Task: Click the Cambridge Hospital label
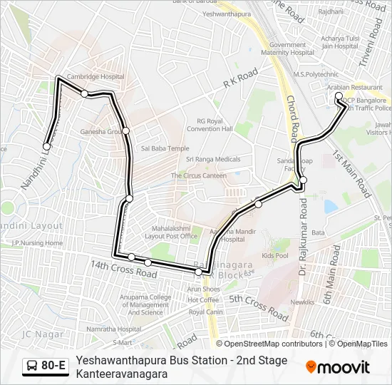(x=90, y=76)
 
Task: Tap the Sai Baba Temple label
(x=165, y=148)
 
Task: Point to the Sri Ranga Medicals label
(x=213, y=159)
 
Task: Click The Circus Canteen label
(x=198, y=175)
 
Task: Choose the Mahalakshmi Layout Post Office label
(x=171, y=232)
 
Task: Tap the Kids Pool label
(x=275, y=255)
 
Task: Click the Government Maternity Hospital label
(x=287, y=48)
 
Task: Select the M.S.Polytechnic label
(x=316, y=73)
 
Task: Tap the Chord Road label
(x=292, y=118)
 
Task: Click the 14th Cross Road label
(x=123, y=269)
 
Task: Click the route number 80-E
(x=53, y=366)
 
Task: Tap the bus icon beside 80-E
(x=33, y=366)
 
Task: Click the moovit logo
(x=338, y=367)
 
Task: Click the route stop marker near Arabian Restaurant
(x=339, y=96)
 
